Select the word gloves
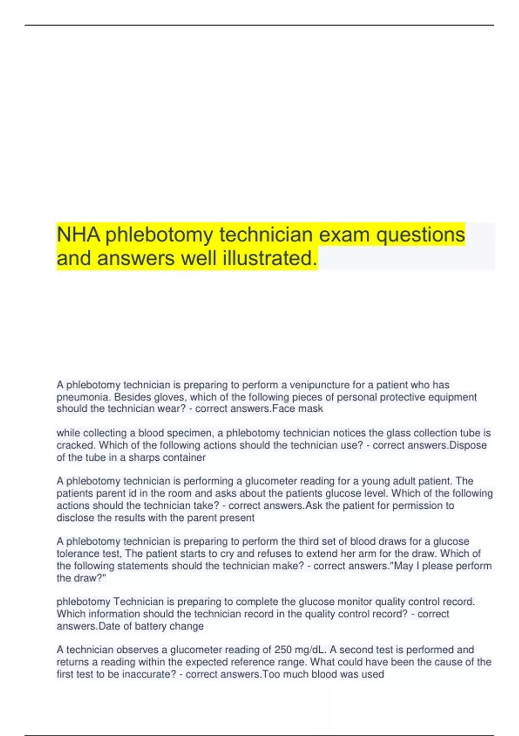(169, 397)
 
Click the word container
(184, 458)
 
